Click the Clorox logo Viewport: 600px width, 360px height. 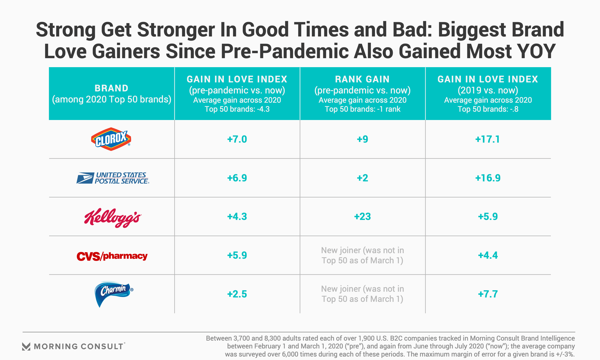(111, 139)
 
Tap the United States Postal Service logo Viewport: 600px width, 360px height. (112, 178)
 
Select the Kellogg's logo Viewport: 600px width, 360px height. (112, 217)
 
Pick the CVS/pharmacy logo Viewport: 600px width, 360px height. (112, 256)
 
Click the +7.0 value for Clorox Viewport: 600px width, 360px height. (237, 139)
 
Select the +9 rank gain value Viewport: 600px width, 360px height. (362, 139)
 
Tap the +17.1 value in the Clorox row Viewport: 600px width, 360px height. (487, 139)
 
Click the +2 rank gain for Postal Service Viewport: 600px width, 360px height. (362, 178)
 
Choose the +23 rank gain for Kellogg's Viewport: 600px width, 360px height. (362, 217)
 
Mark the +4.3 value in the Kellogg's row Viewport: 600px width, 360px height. (237, 217)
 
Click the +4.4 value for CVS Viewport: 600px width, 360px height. (487, 255)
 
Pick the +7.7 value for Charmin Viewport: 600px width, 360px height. (487, 294)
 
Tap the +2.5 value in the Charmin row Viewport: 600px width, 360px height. (237, 294)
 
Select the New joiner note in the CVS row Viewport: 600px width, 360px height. (362, 255)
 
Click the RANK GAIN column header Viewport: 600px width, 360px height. (362, 79)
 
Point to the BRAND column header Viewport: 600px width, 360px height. (112, 88)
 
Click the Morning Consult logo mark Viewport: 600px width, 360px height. (26, 346)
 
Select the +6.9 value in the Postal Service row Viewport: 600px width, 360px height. (237, 178)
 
